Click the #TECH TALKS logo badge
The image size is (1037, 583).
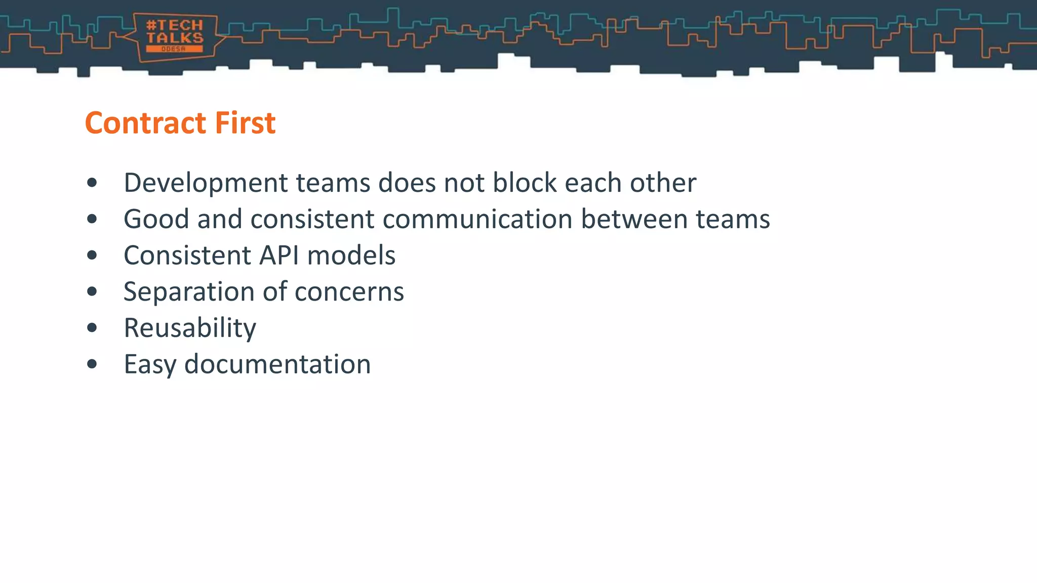point(174,36)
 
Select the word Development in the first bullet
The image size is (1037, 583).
point(206,183)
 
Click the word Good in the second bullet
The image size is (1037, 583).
point(156,219)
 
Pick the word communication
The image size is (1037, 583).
point(477,219)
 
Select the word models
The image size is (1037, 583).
point(351,255)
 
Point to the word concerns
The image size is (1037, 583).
point(349,292)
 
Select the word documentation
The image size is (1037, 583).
point(277,364)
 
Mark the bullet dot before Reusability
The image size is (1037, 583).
point(92,328)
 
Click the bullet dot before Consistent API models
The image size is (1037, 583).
point(92,255)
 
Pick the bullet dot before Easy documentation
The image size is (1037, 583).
point(92,364)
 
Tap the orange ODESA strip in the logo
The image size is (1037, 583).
point(174,49)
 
